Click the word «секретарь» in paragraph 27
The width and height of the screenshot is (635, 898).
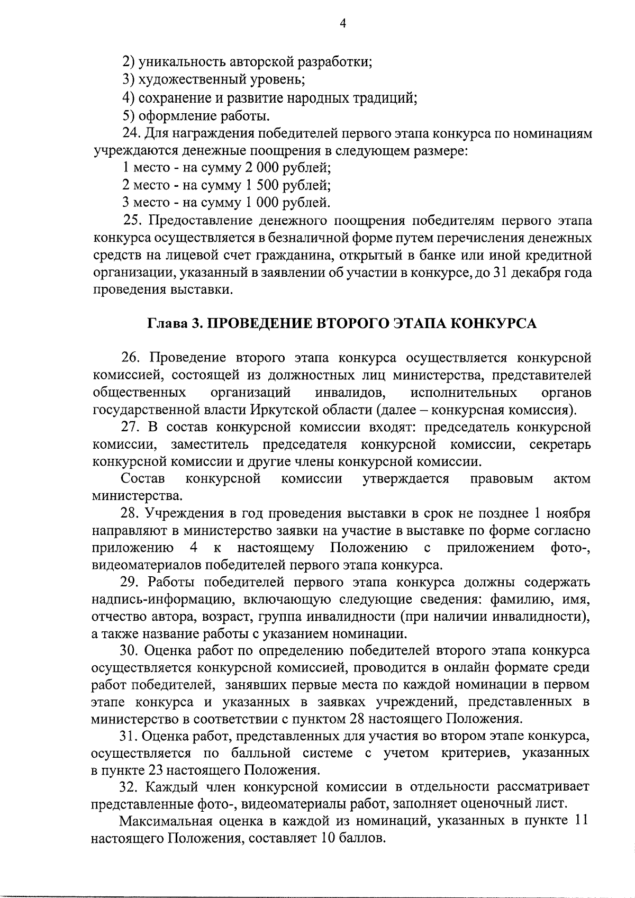click(x=560, y=444)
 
